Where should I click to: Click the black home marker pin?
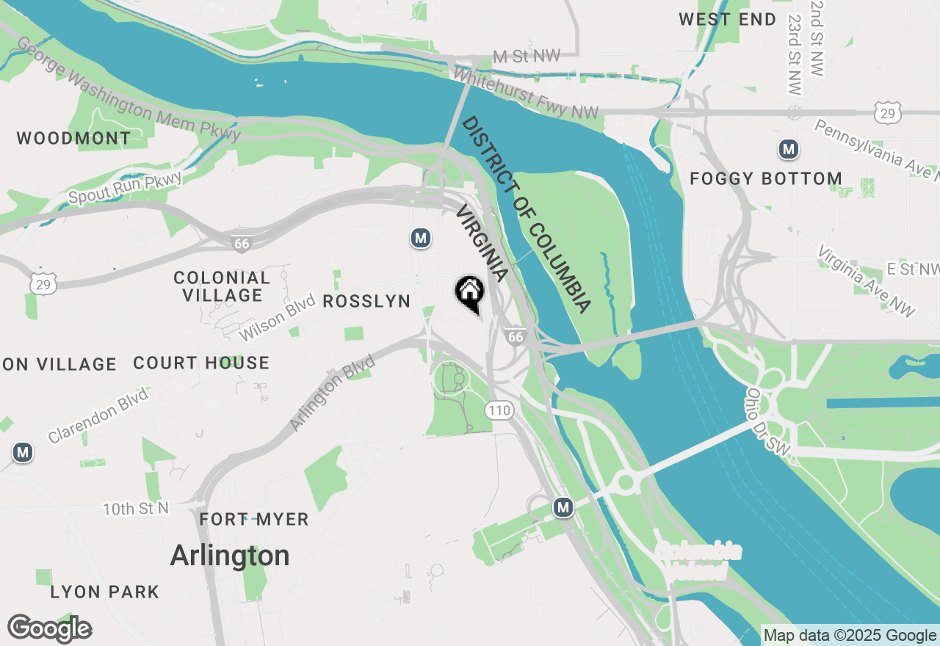[469, 293]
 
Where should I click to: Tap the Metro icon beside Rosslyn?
[420, 238]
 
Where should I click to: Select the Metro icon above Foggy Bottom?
[788, 150]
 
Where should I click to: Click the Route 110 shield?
[499, 410]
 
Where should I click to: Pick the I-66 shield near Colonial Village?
[242, 244]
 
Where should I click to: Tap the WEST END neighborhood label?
[727, 20]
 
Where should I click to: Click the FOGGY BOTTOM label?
[766, 179]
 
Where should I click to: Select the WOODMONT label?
[73, 138]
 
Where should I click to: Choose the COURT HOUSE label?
[201, 363]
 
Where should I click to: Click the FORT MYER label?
[254, 520]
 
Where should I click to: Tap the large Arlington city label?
[230, 556]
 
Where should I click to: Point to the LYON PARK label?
[105, 592]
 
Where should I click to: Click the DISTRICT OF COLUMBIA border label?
[526, 214]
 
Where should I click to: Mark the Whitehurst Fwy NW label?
[526, 93]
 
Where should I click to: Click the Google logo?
[49, 629]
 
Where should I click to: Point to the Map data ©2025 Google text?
[850, 636]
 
